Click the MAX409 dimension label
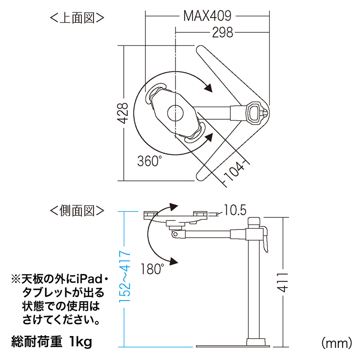pyautogui.click(x=207, y=16)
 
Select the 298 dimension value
pyautogui.click(x=223, y=32)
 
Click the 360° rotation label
pyautogui.click(x=150, y=160)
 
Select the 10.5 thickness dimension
pyautogui.click(x=235, y=210)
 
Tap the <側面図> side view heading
pyautogui.click(x=77, y=210)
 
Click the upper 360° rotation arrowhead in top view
pyautogui.click(x=208, y=87)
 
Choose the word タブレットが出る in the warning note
pyautogui.click(x=63, y=292)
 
